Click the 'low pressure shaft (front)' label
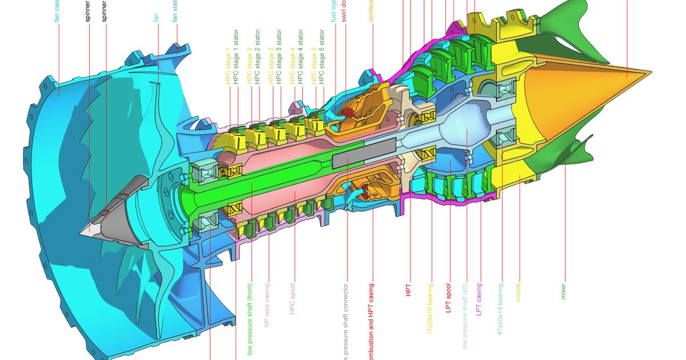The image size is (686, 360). click(x=250, y=319)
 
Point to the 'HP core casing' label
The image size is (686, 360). click(x=266, y=304)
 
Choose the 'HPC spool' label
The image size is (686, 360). click(x=292, y=299)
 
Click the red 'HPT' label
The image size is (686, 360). click(x=408, y=290)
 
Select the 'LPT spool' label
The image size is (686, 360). click(x=449, y=299)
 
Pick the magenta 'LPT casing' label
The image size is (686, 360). click(x=480, y=299)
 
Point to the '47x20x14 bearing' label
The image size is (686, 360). click(x=500, y=309)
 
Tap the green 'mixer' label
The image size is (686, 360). click(x=564, y=291)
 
